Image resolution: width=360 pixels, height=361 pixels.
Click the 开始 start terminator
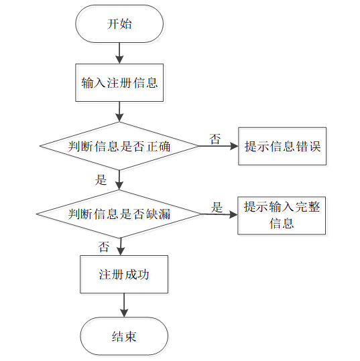pos(119,24)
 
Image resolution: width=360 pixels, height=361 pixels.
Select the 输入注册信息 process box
pos(119,82)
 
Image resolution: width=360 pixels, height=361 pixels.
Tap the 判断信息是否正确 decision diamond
pos(119,146)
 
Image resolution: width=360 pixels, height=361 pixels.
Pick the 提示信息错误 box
pos(282,146)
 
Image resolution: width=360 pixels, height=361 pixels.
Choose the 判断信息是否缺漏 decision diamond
pos(119,214)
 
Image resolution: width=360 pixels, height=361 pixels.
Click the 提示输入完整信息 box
pos(282,216)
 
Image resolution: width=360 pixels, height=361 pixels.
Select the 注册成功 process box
pos(124,274)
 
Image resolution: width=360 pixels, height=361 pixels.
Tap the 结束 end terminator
pos(124,336)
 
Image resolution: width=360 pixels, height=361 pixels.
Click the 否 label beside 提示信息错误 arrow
pos(215,139)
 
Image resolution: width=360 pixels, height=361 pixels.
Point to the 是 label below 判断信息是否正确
pos(101,179)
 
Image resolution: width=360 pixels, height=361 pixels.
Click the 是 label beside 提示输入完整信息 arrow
pos(217,207)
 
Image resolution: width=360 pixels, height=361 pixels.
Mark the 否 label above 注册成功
pos(103,246)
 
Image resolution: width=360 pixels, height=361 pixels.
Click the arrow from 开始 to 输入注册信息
pos(119,53)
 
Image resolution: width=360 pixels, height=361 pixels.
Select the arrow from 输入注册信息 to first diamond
pos(119,112)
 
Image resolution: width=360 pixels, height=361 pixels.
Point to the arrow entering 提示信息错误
pos(219,146)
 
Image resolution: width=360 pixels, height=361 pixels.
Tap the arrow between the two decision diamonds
pos(119,180)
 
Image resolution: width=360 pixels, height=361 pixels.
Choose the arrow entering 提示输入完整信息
pos(220,214)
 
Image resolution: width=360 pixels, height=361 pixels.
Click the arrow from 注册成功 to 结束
pos(124,305)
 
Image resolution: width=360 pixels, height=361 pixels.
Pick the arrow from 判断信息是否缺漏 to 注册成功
pos(121,246)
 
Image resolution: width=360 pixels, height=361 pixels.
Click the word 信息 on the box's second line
pos(282,223)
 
